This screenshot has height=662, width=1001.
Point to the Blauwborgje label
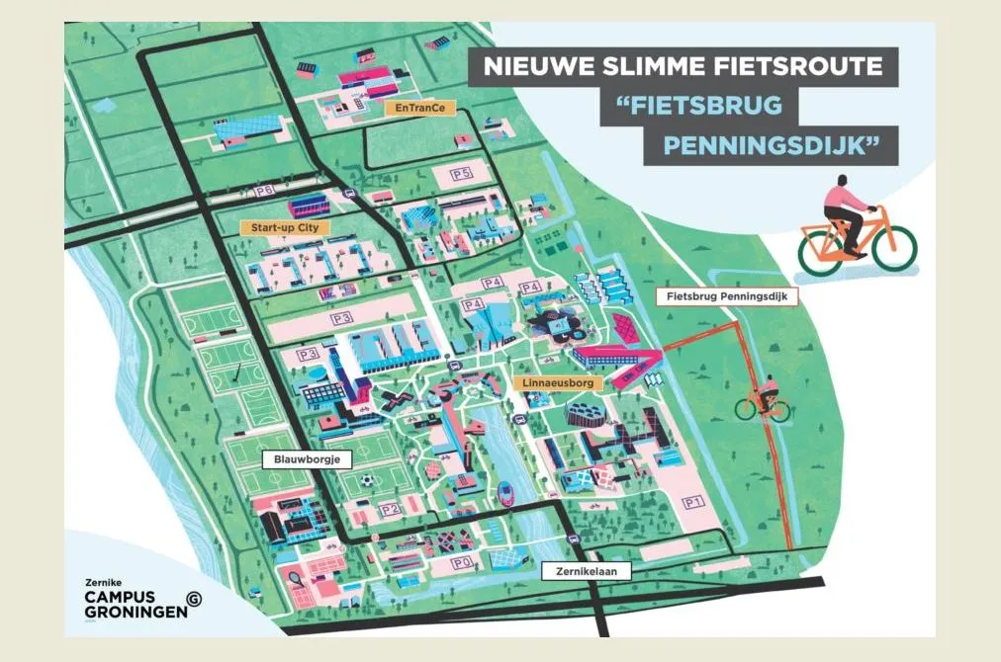[301, 459]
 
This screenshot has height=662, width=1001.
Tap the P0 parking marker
[459, 562]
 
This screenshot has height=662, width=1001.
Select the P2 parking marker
[390, 510]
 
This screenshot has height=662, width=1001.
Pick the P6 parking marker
[263, 191]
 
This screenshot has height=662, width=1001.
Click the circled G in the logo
[194, 599]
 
